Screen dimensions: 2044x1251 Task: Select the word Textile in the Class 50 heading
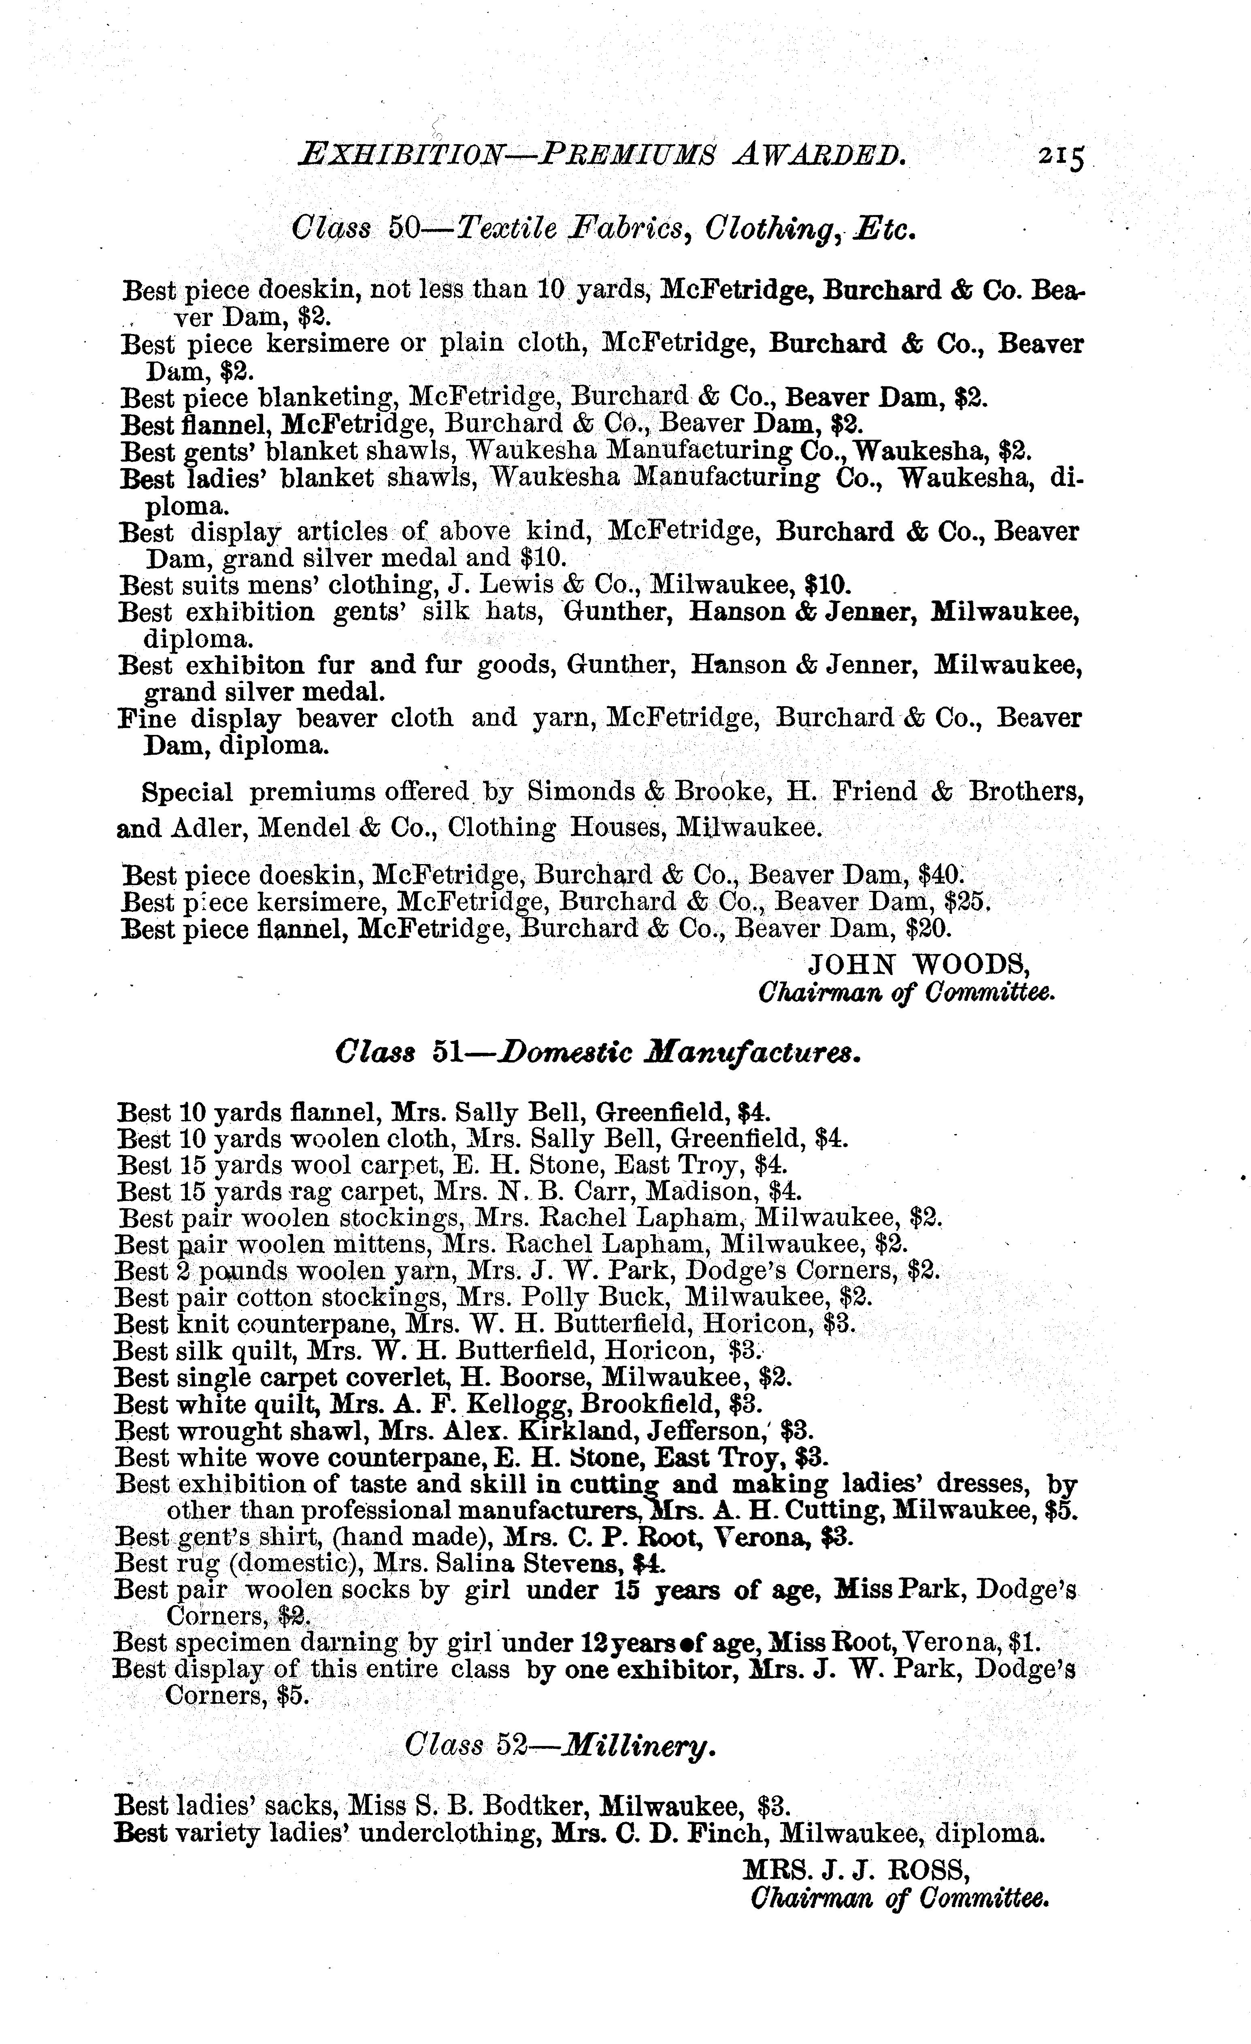point(508,228)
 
